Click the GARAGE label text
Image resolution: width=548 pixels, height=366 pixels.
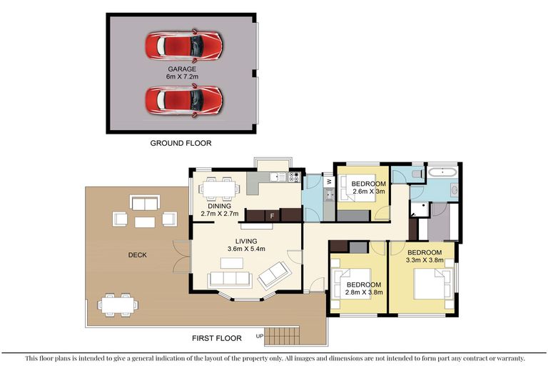182,69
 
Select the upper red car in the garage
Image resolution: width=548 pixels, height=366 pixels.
183,46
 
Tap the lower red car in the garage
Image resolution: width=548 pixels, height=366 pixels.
183,100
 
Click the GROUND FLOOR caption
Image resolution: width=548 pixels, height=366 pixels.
181,143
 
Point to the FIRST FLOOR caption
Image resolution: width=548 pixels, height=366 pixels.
217,338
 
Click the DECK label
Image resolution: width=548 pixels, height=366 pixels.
137,255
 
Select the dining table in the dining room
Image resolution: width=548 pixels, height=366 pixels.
220,189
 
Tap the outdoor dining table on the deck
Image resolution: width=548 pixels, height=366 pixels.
118,305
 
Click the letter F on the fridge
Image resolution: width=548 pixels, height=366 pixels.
273,216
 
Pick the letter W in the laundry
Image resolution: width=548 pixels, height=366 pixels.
329,182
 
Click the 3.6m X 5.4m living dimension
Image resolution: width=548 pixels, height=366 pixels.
246,249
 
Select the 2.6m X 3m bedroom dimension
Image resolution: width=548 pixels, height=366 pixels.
369,192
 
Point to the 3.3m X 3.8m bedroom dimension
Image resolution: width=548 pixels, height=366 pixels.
425,260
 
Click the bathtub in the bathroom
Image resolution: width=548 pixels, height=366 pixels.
442,173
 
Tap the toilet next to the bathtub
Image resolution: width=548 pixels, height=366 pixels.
417,174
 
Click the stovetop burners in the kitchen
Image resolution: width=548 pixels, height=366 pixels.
294,177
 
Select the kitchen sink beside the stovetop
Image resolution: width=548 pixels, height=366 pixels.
278,177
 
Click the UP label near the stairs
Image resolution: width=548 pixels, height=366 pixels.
260,336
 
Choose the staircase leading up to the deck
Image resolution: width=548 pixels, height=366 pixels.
282,336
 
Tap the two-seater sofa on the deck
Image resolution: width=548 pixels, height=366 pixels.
145,203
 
